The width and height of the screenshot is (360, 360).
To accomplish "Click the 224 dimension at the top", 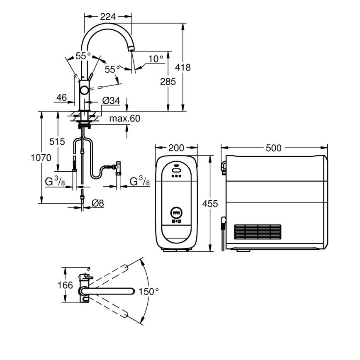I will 108,17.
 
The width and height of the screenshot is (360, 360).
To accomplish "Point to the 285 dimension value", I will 168,82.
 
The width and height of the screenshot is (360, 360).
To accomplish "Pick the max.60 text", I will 124,119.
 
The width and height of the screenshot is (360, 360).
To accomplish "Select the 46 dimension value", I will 61,97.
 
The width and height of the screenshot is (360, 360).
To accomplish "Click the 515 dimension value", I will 57,141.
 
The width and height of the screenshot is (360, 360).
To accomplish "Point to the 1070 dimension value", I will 40,158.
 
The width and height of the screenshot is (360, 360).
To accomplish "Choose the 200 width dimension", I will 177,148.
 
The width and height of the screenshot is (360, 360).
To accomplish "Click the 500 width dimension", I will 274,148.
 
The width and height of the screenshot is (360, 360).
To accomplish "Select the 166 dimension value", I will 65,285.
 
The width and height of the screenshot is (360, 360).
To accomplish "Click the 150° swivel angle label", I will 148,292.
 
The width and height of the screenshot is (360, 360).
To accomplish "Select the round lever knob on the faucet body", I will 85,90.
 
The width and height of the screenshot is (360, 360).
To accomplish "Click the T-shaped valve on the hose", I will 118,166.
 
